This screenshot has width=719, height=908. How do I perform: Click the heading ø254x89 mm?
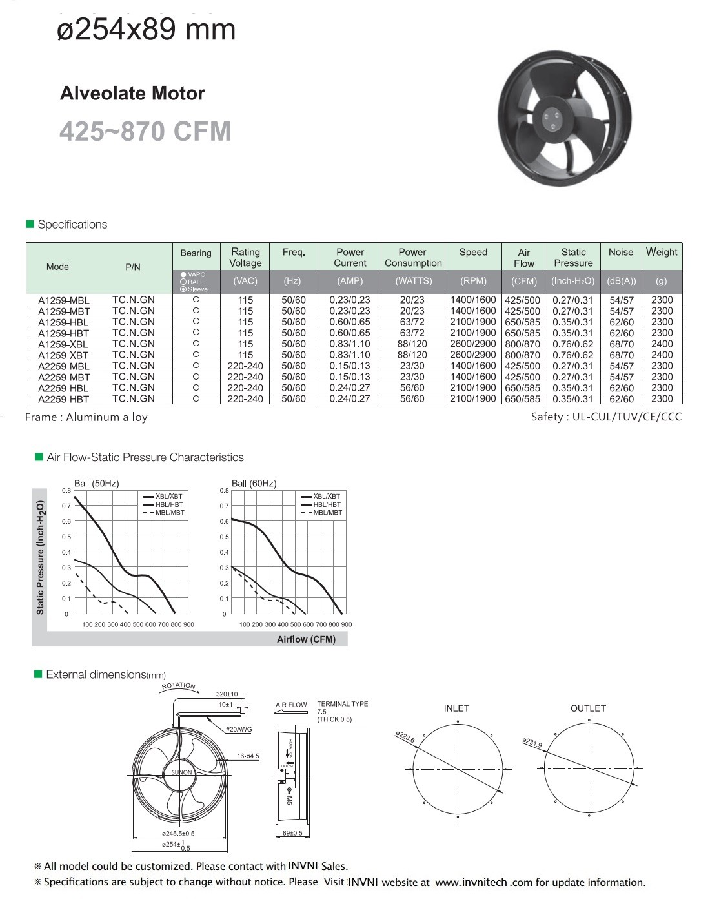[x=147, y=30]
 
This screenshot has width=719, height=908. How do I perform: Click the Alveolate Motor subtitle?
[x=132, y=94]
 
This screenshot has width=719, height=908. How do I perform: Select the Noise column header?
[x=621, y=253]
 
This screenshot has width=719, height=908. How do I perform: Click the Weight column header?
[x=662, y=253]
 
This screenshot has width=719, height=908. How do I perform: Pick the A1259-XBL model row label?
[x=63, y=344]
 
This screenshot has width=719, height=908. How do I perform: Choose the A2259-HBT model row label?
[x=63, y=399]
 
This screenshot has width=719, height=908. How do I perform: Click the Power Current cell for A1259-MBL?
[x=350, y=300]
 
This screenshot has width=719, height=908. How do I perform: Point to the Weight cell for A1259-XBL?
[x=662, y=344]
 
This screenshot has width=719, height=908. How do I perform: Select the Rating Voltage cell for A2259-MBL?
[x=245, y=366]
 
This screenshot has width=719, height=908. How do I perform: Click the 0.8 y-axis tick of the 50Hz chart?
[x=66, y=491]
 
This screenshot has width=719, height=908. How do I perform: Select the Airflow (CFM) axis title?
[x=306, y=639]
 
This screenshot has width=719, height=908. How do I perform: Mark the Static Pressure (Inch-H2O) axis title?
[x=41, y=557]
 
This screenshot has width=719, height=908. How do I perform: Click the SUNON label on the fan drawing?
[x=181, y=772]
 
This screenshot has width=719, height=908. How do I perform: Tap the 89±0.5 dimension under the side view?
[x=292, y=833]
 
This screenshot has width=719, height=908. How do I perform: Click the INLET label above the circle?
[x=456, y=708]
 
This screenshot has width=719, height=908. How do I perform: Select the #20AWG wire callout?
[x=239, y=729]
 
